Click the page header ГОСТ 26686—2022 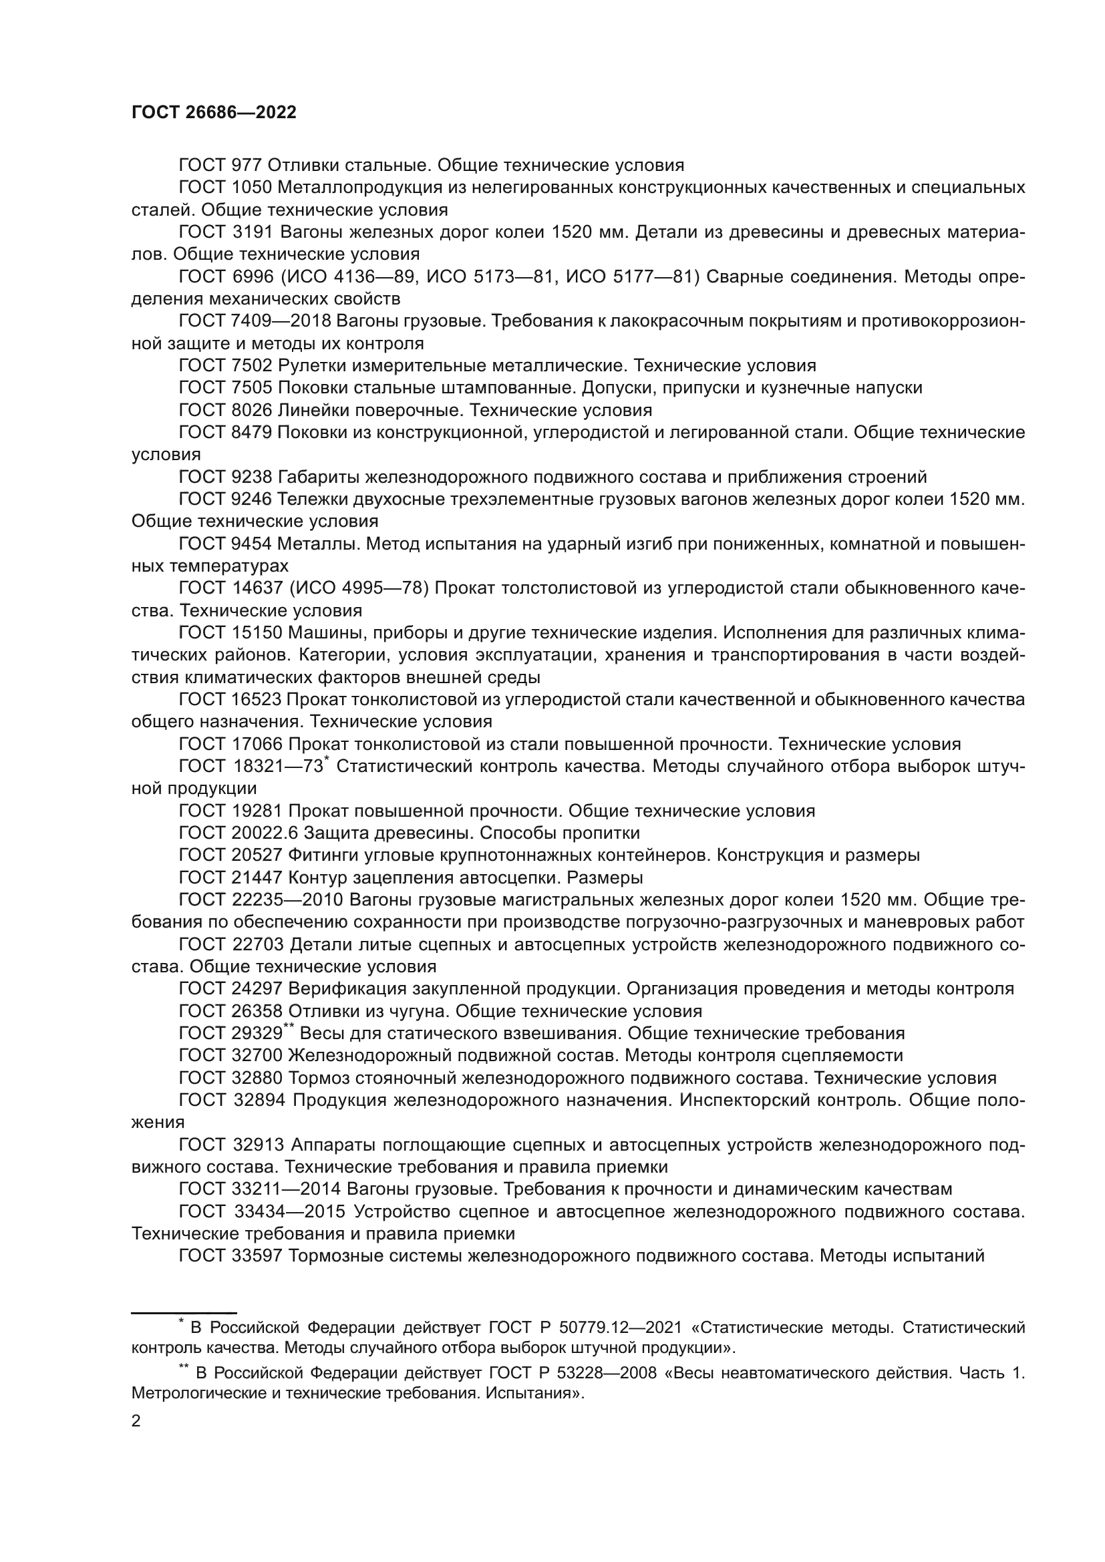click(214, 113)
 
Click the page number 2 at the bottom click(136, 1421)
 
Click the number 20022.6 click(265, 833)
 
